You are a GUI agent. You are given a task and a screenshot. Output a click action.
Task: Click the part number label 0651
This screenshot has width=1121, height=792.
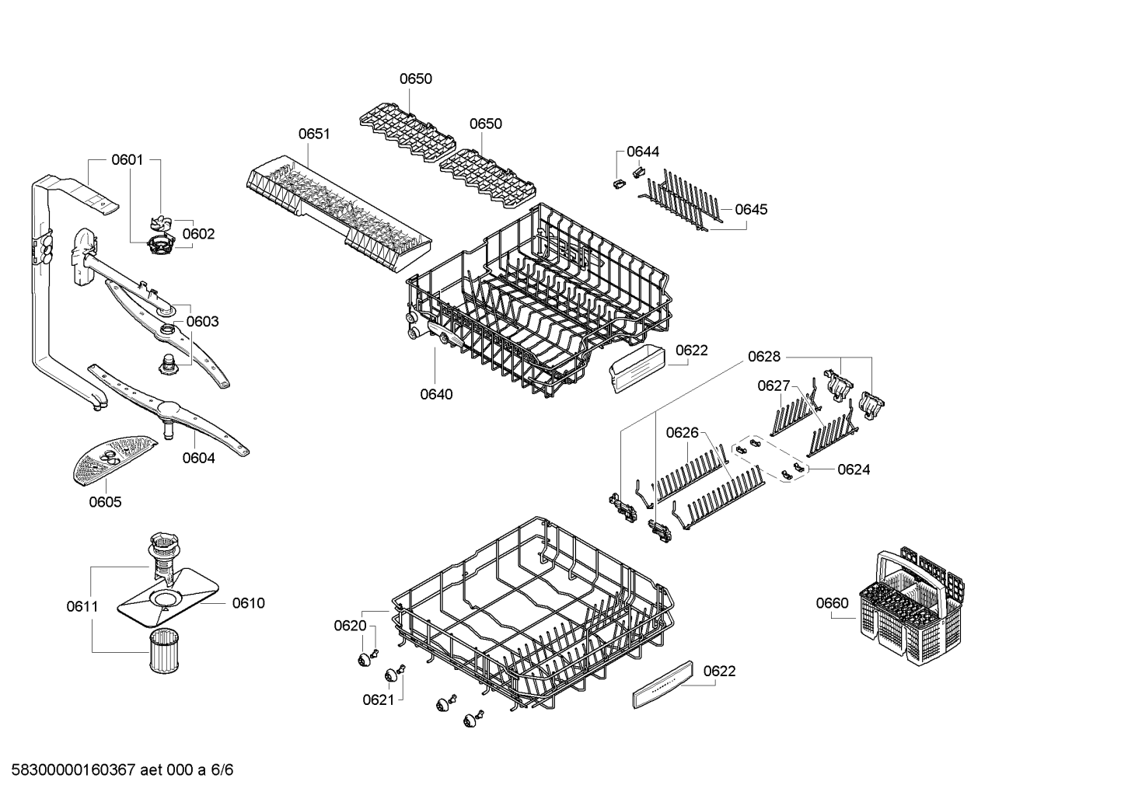pos(314,134)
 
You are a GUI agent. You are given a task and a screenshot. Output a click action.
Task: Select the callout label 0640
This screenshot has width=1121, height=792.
pos(436,395)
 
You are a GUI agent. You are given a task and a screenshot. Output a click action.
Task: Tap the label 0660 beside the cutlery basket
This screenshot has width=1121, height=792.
pos(833,603)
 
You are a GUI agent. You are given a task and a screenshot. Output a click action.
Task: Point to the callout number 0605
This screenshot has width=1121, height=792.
pos(105,502)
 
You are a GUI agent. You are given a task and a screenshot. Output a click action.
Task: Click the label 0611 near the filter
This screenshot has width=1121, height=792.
pos(82,607)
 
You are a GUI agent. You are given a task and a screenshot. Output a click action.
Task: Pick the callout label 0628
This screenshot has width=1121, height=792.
pos(764,357)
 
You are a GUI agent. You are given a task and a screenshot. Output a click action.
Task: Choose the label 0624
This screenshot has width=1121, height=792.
pos(854,469)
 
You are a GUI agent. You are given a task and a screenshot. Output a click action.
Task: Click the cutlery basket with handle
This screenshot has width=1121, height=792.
pos(912,607)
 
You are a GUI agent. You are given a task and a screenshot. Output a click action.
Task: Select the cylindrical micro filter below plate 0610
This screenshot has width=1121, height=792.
pos(164,651)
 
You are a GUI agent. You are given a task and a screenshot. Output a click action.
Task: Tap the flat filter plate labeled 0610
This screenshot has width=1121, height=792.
pos(168,598)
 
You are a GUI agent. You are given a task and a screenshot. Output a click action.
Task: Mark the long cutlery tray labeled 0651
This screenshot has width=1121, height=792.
pos(339,214)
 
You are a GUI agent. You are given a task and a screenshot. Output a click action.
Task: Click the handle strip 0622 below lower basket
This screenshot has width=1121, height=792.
pos(663,685)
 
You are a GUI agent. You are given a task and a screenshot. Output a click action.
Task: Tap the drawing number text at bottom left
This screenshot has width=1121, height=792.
pos(122,769)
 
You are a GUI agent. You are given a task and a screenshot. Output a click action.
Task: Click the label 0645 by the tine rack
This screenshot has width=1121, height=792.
pos(751,209)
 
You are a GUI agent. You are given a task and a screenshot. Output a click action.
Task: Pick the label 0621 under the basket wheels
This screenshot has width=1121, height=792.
pos(379,700)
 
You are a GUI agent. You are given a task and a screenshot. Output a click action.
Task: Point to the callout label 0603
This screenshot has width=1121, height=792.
pos(203,321)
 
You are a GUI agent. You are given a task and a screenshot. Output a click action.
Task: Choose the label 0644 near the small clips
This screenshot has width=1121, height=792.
pos(643,152)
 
